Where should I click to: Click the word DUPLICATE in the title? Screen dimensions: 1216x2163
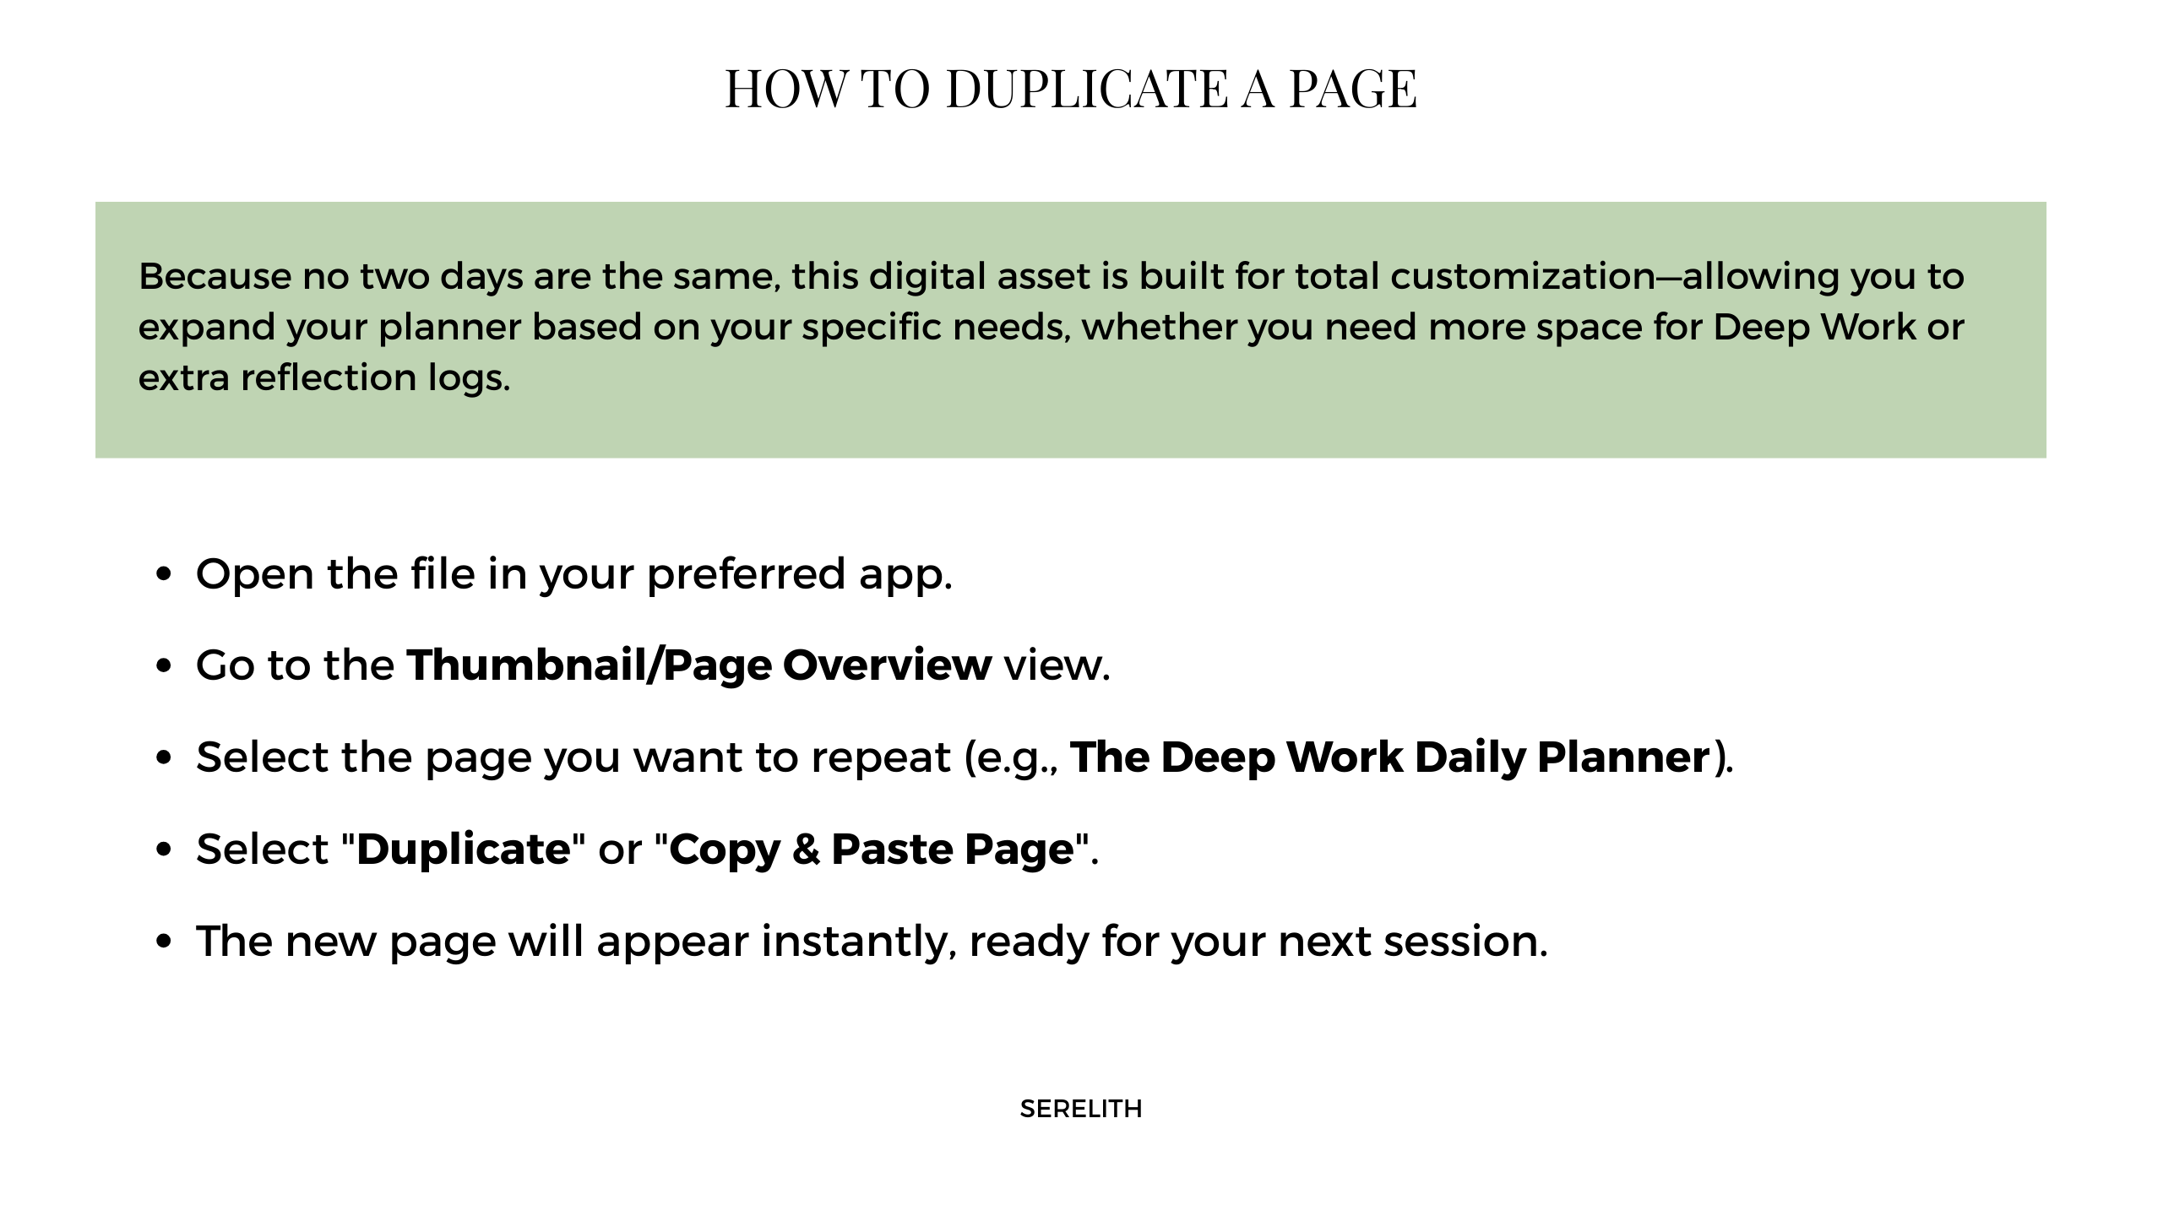tap(1087, 89)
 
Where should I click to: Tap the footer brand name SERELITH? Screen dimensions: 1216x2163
tap(1081, 1109)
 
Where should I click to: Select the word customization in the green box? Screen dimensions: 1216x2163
tap(1523, 277)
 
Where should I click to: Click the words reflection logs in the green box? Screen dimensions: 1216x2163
tap(376, 377)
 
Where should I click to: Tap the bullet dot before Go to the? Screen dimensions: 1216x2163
tap(165, 667)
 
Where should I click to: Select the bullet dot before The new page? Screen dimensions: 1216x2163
tap(165, 942)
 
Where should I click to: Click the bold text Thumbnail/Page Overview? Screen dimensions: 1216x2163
tap(698, 665)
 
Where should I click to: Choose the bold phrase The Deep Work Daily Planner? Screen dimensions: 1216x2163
tap(1389, 757)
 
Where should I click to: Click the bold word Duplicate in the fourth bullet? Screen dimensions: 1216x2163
tap(464, 850)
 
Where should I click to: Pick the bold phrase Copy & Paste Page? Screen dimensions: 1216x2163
tap(871, 850)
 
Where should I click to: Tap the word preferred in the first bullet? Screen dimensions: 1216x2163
tap(746, 575)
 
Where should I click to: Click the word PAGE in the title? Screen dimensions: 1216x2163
tap(1352, 89)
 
